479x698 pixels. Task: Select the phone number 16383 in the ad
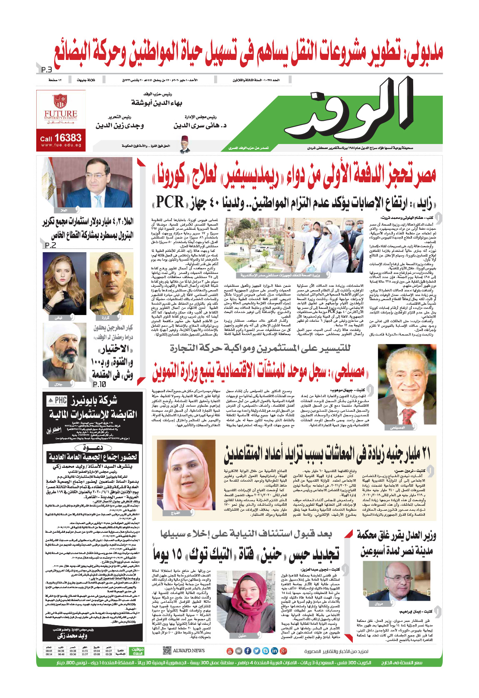pos(67,138)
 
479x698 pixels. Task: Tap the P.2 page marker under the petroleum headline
pos(50,245)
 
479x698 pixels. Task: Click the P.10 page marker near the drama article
pos(99,384)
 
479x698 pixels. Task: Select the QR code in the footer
pos(167,650)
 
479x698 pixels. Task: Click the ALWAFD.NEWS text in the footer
pos(189,651)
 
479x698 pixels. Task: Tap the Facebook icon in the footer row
pos(247,651)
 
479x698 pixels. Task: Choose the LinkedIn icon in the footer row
pos(274,651)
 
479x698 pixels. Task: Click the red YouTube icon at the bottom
pos(230,651)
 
